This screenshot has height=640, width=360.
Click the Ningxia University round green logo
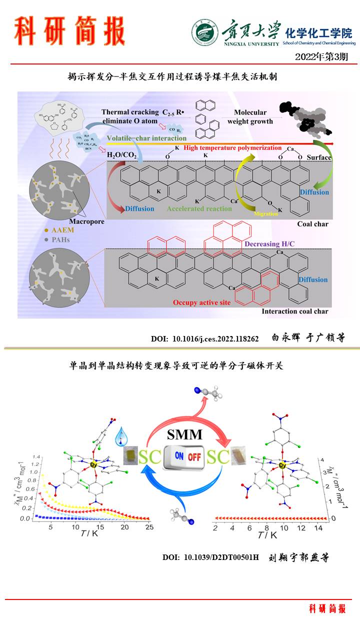pos(204,32)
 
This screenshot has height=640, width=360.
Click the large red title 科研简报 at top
pos(69,31)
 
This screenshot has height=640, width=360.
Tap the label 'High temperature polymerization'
pos(233,147)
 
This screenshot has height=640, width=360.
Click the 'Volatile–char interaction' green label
pos(146,138)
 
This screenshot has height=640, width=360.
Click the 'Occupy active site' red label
pos(201,302)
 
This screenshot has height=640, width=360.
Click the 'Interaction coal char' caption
pos(295,311)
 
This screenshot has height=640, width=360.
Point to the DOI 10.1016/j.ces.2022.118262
pos(205,339)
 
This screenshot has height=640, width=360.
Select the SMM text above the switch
pos(185,434)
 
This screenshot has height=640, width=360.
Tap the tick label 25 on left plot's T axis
pos(147,527)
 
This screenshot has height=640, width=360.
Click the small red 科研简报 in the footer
pos(327,608)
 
